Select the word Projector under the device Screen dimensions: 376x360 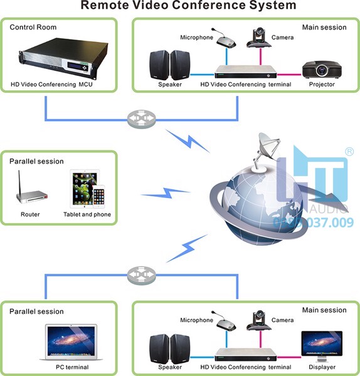point(322,84)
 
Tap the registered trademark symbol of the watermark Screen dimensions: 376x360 point(349,152)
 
